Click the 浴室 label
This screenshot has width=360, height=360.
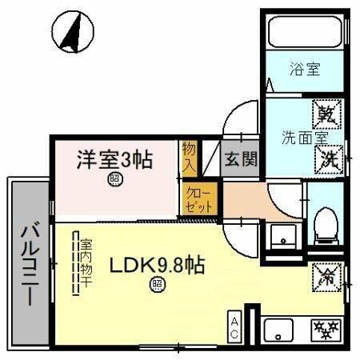pyautogui.click(x=304, y=70)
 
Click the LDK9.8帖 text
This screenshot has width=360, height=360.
pyautogui.click(x=157, y=265)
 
